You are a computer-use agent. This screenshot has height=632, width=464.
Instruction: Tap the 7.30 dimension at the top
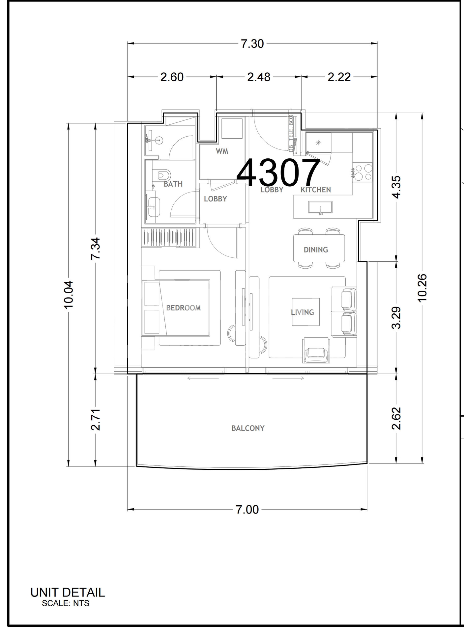coord(252,44)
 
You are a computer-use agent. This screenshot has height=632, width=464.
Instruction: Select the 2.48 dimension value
coord(259,77)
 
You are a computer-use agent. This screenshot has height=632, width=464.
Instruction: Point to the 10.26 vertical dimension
coord(422,287)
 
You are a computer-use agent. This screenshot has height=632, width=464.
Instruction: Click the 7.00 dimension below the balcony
coord(247,510)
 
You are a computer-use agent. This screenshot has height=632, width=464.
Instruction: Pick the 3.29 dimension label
coord(396,317)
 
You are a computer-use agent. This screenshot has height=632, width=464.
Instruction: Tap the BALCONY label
coord(248,428)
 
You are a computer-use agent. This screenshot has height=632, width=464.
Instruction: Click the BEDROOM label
coord(183,308)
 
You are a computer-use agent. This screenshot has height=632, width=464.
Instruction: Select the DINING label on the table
coord(316,250)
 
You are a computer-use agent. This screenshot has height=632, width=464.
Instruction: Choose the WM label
coord(222,151)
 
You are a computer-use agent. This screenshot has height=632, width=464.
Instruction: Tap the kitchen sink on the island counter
coord(320,207)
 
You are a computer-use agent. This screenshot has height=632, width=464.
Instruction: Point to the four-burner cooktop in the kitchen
coord(362,173)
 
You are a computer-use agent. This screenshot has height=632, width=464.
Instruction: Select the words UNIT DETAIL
coord(68,592)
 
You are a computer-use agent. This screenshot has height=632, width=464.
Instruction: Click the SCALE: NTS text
coord(66,603)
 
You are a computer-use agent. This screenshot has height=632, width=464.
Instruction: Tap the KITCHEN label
coord(316,190)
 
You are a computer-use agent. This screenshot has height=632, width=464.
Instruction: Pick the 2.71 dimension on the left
coord(96,420)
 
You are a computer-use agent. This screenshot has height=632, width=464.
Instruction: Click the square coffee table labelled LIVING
coord(306,312)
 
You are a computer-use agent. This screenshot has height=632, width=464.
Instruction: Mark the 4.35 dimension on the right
coord(396,187)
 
